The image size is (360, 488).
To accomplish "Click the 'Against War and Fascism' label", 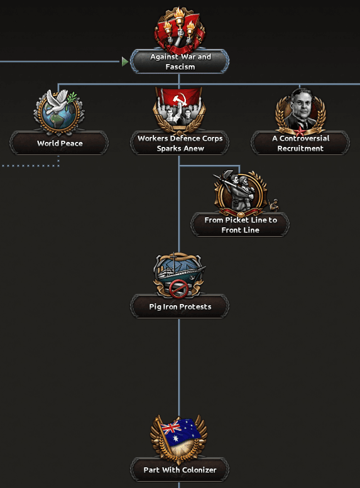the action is tap(180, 62).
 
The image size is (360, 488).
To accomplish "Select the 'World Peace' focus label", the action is tap(60, 143).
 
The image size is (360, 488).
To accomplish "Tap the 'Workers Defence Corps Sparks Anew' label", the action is tap(180, 143).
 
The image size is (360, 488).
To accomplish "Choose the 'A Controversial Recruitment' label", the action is tap(300, 143).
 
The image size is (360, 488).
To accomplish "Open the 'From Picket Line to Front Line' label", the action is tap(241, 225).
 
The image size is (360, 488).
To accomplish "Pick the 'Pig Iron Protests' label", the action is tap(180, 306).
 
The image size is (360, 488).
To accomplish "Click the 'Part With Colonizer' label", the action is tap(180, 470).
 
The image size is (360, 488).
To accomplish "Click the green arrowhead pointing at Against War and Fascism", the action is tap(125, 62).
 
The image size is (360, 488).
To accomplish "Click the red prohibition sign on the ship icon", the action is tap(178, 288).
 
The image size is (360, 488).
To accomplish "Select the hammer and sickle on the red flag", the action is tap(180, 99).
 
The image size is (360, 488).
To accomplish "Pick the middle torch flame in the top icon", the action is tap(180, 14).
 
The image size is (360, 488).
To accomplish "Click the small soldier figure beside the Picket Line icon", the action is tap(273, 205).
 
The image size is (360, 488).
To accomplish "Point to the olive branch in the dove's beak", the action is tap(72, 99).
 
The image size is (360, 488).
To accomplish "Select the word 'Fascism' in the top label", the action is tap(180, 67).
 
